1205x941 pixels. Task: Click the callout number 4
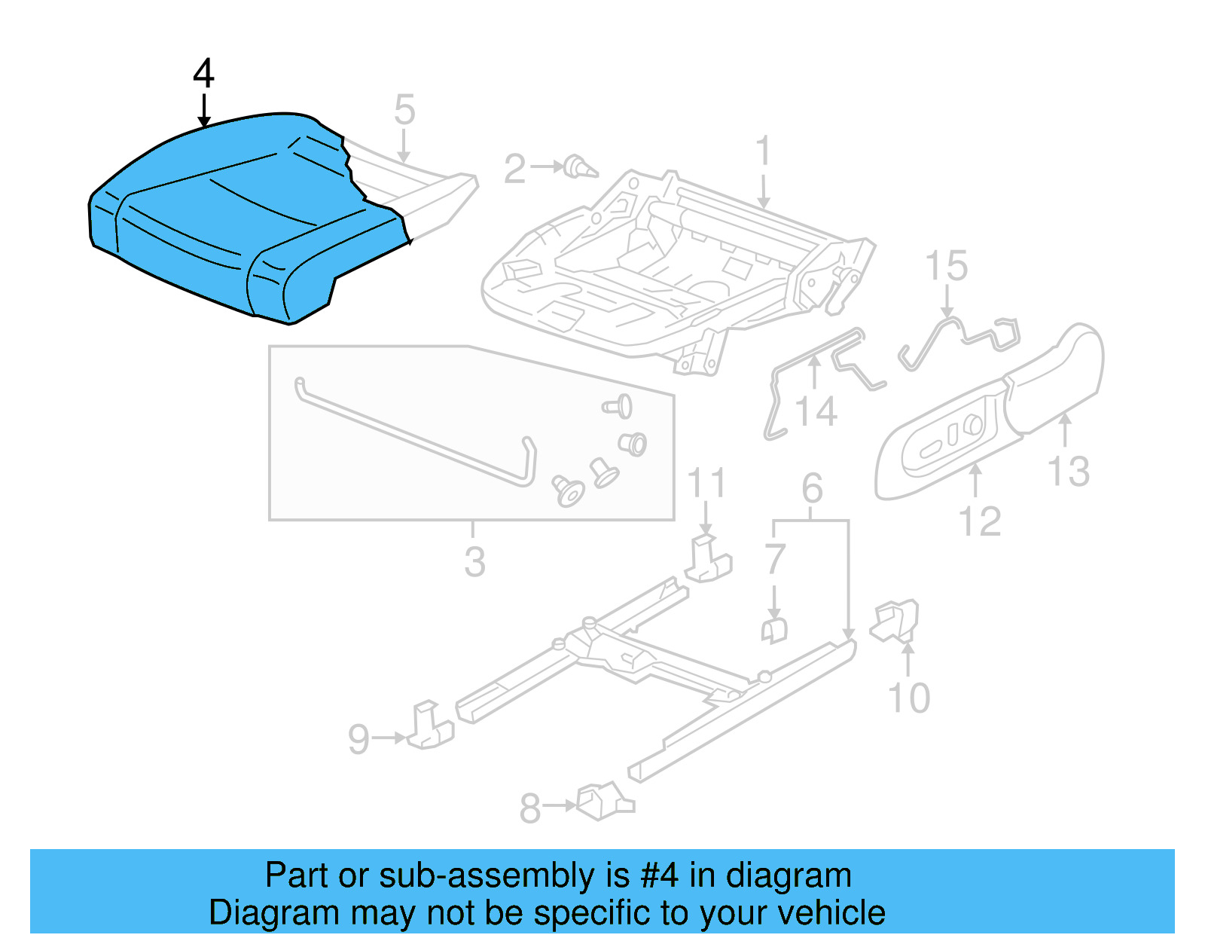(203, 74)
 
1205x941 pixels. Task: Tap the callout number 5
(404, 110)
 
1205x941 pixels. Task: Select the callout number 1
(763, 151)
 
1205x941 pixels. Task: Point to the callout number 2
(514, 169)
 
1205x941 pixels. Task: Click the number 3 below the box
(474, 562)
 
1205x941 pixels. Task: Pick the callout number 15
(946, 267)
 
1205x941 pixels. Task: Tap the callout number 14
(816, 412)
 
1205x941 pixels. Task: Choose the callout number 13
(1069, 472)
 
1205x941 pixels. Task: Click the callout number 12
(979, 521)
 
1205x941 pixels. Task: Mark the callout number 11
(706, 483)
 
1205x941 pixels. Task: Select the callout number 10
(909, 698)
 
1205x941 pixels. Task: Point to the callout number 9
(359, 739)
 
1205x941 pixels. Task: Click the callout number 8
(530, 808)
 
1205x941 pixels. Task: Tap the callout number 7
(775, 559)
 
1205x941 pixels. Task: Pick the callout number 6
(811, 488)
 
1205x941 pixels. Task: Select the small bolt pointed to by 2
(581, 167)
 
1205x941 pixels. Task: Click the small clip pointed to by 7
(774, 630)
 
